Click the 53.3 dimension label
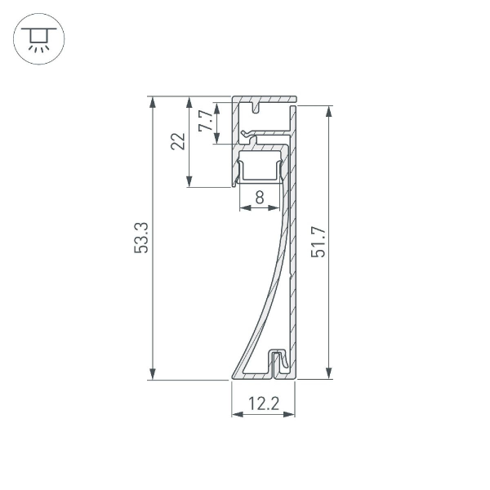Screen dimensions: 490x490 pyautogui.click(x=141, y=238)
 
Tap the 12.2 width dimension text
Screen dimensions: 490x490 pyautogui.click(x=263, y=402)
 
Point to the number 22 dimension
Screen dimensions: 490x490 pyautogui.click(x=178, y=141)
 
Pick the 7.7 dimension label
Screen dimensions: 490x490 pyautogui.click(x=207, y=122)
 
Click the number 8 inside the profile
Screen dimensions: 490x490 pyautogui.click(x=259, y=197)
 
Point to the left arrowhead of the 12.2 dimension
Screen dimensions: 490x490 pyautogui.click(x=237, y=415)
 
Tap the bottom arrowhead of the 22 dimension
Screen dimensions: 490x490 pyautogui.click(x=189, y=182)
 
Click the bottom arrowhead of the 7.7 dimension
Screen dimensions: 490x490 pyautogui.click(x=216, y=139)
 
